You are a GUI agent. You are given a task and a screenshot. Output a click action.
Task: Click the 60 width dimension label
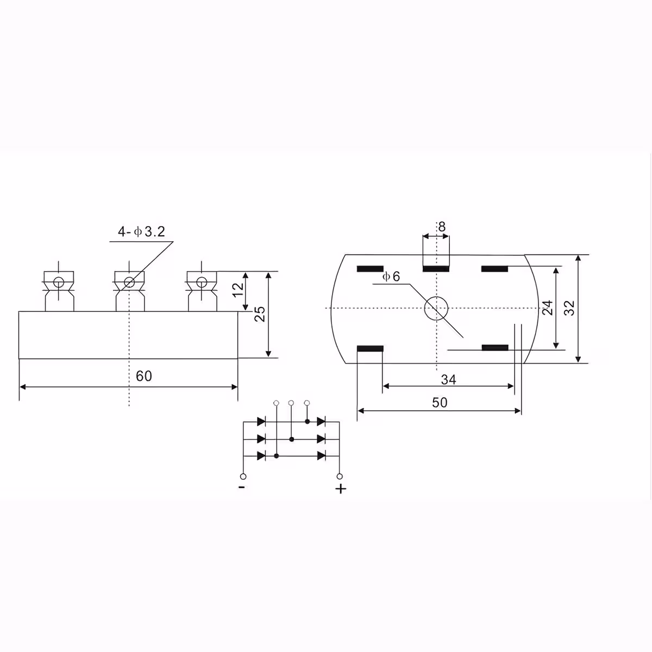144,376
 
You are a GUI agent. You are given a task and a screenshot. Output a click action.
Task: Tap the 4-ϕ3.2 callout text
141,233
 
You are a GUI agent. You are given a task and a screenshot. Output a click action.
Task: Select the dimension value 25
261,314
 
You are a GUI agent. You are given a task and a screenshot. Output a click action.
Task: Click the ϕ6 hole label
391,277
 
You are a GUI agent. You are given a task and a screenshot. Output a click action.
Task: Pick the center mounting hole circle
436,309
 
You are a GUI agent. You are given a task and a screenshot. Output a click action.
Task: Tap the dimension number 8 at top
442,227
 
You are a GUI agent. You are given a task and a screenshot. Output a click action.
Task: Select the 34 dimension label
448,380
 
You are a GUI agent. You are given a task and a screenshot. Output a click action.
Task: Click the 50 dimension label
440,403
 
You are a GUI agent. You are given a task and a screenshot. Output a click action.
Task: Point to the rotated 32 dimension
569,308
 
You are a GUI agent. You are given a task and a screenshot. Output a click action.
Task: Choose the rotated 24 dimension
548,308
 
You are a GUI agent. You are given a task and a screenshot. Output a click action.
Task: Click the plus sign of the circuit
341,489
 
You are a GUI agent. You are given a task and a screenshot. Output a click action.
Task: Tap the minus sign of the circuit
241,487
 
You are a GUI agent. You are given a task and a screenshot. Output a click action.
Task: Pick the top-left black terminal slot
370,269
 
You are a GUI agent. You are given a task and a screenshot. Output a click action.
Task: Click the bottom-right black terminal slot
495,348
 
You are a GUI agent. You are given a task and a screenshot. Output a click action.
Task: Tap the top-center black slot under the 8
436,269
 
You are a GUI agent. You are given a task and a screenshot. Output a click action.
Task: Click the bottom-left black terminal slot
370,348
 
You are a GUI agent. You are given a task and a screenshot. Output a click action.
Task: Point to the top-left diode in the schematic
261,421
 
